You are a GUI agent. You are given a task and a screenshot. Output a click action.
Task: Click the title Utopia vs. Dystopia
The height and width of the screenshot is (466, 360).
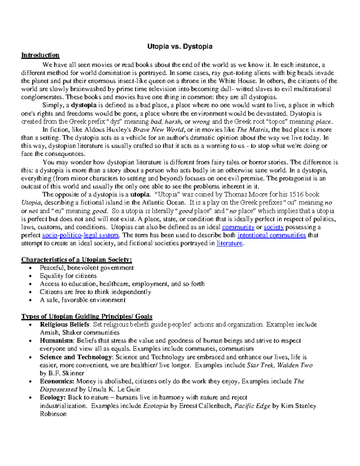click(180, 46)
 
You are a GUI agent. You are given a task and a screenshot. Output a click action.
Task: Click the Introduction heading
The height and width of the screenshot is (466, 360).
click(40, 55)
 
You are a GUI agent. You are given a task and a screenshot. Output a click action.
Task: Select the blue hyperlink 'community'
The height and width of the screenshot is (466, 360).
click(238, 227)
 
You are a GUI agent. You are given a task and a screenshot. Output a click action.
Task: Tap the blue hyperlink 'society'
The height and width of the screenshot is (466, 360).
click(274, 227)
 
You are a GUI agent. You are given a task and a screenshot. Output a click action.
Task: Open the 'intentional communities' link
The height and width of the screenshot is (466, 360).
click(271, 235)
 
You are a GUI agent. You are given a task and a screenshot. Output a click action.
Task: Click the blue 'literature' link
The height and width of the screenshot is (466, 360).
click(229, 243)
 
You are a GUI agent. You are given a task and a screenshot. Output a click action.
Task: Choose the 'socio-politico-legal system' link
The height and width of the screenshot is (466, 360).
click(81, 235)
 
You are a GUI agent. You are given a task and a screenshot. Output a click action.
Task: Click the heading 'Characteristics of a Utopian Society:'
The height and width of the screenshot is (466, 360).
click(76, 260)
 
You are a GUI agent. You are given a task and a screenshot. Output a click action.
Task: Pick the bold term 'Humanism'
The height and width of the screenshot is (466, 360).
click(56, 341)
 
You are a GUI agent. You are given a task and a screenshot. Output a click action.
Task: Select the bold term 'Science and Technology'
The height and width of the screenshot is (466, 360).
click(76, 357)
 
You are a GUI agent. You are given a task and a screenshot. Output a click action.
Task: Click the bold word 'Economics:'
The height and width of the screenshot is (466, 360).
click(57, 381)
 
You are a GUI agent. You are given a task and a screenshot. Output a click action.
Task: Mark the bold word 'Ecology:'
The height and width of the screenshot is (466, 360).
click(52, 398)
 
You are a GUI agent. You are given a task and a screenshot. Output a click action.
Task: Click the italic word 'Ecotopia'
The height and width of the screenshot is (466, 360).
click(155, 406)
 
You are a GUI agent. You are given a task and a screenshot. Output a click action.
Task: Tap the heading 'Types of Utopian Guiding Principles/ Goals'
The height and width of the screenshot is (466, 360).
click(87, 316)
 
